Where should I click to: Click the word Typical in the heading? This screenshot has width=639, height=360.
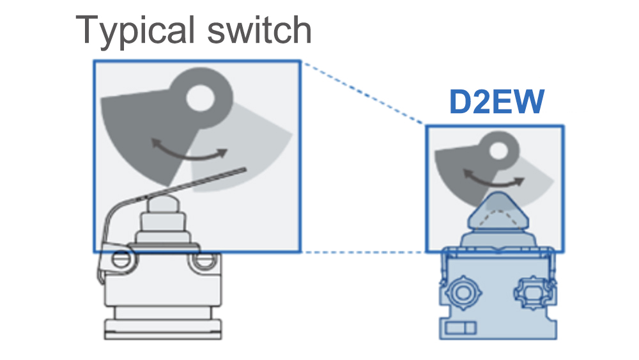135,31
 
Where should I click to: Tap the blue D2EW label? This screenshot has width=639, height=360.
497,102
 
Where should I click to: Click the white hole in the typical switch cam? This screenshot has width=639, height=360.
200,98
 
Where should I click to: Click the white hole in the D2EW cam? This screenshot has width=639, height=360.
498,150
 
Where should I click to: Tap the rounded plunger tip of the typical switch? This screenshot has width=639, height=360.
162,203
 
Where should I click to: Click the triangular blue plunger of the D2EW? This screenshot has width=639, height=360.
498,212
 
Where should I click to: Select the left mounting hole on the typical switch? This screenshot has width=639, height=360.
121,260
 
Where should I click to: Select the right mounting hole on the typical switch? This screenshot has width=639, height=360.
204,260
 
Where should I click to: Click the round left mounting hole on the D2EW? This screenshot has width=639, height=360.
463,292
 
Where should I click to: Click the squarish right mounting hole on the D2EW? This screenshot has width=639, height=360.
532,292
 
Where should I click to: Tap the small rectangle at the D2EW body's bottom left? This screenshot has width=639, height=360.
461,328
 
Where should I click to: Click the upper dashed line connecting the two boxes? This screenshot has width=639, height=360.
364,93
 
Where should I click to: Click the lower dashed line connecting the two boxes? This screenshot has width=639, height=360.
364,253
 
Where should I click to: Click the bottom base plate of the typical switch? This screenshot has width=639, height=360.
162,329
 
